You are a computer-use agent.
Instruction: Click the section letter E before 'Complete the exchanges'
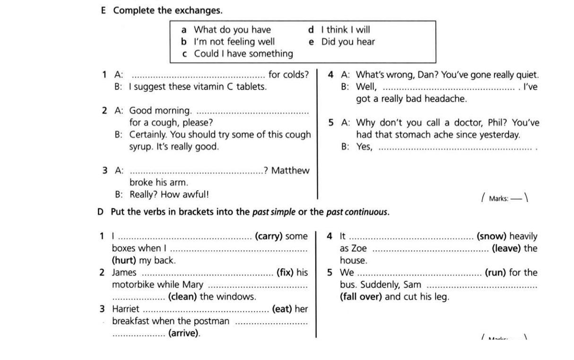point(103,10)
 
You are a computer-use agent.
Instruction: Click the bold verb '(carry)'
point(269,236)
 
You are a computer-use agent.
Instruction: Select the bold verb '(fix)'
point(285,272)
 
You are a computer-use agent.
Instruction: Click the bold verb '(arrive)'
point(184,333)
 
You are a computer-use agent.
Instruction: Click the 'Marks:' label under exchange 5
point(499,199)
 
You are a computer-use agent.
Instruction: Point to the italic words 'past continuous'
point(357,212)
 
